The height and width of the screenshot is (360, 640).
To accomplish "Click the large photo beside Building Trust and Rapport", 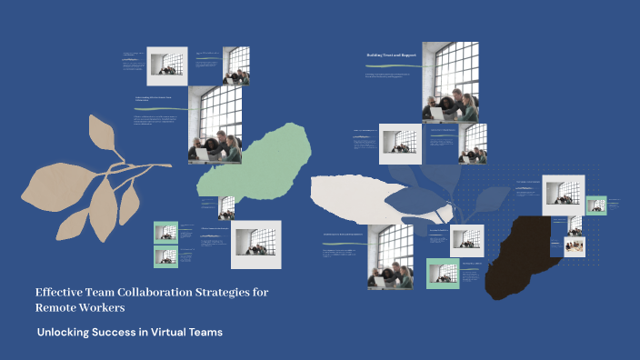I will click(x=449, y=81).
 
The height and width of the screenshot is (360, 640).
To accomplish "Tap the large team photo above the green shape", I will click(x=215, y=125).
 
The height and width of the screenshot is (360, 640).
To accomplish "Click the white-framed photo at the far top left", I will click(x=167, y=65).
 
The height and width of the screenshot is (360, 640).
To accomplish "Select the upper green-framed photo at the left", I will click(x=165, y=233).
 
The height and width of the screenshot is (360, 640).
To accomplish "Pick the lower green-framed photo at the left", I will click(x=165, y=256).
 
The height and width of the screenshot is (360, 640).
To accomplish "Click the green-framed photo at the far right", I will click(x=596, y=205).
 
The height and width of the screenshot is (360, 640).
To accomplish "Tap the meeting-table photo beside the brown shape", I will click(x=574, y=246).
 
